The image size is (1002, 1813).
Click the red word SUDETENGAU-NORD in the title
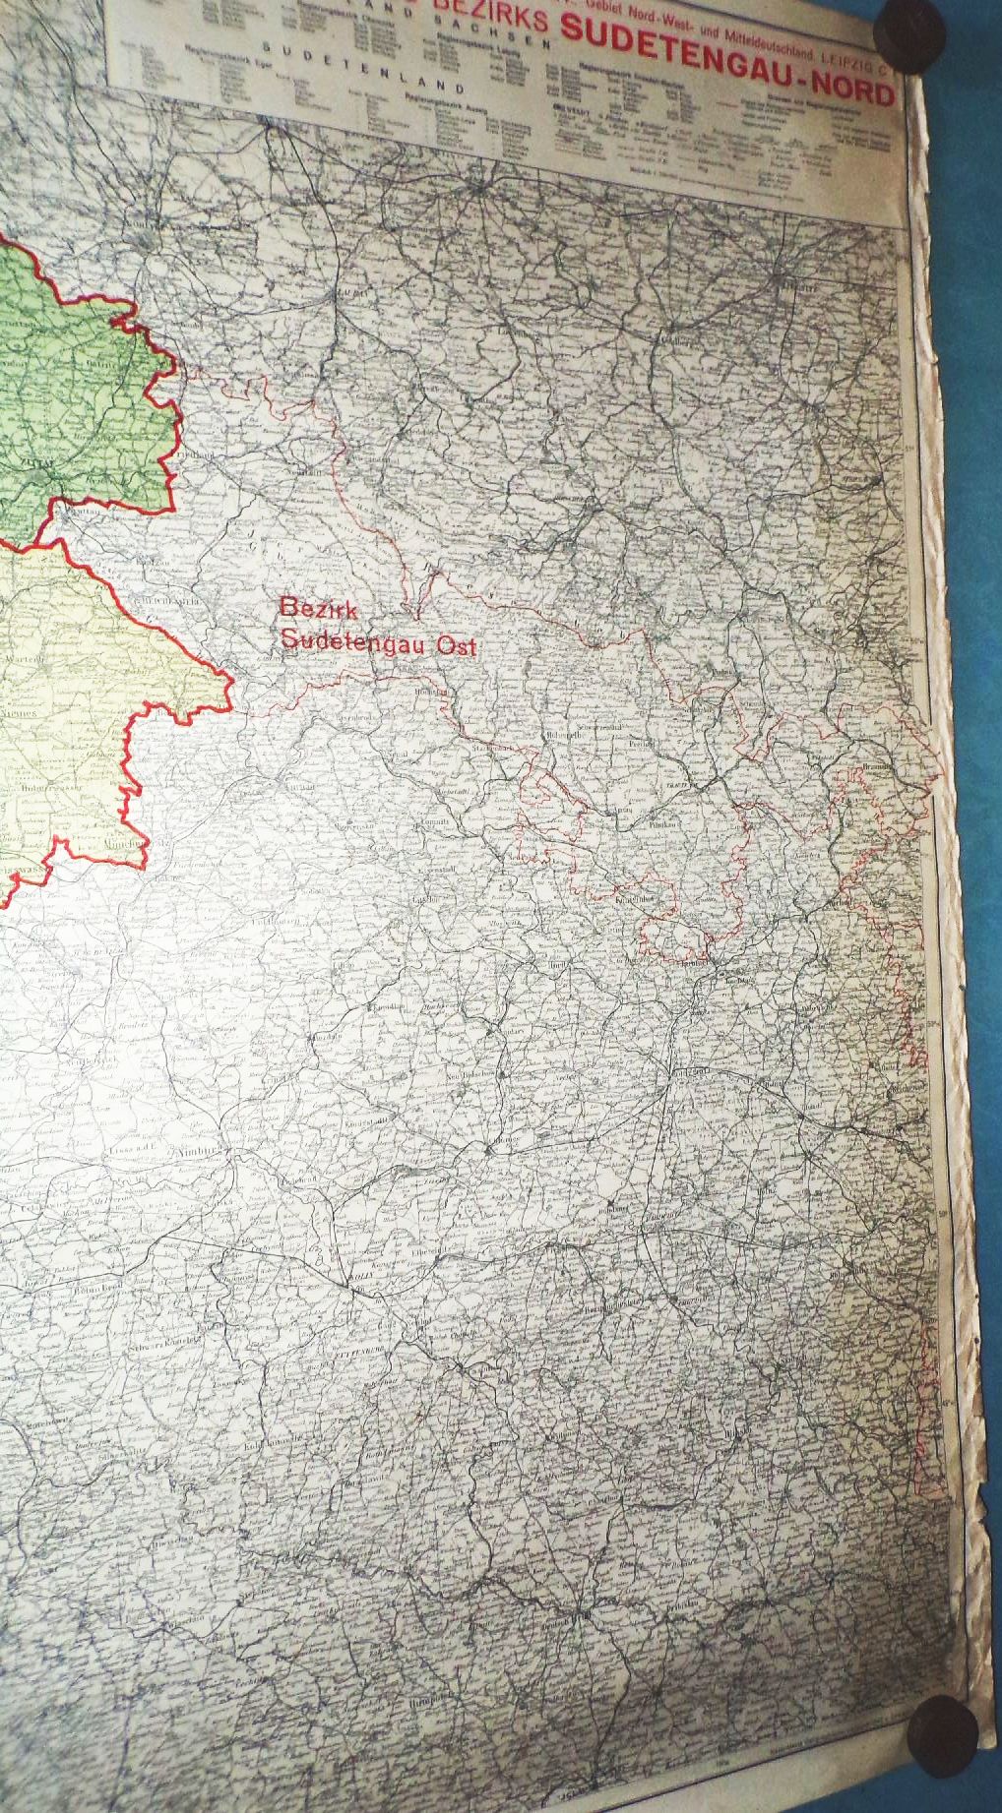coord(726,66)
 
